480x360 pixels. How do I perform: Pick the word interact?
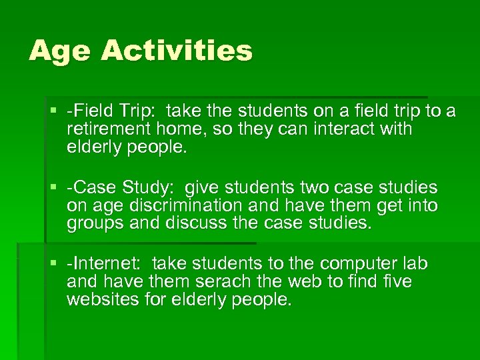coord(330,128)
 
